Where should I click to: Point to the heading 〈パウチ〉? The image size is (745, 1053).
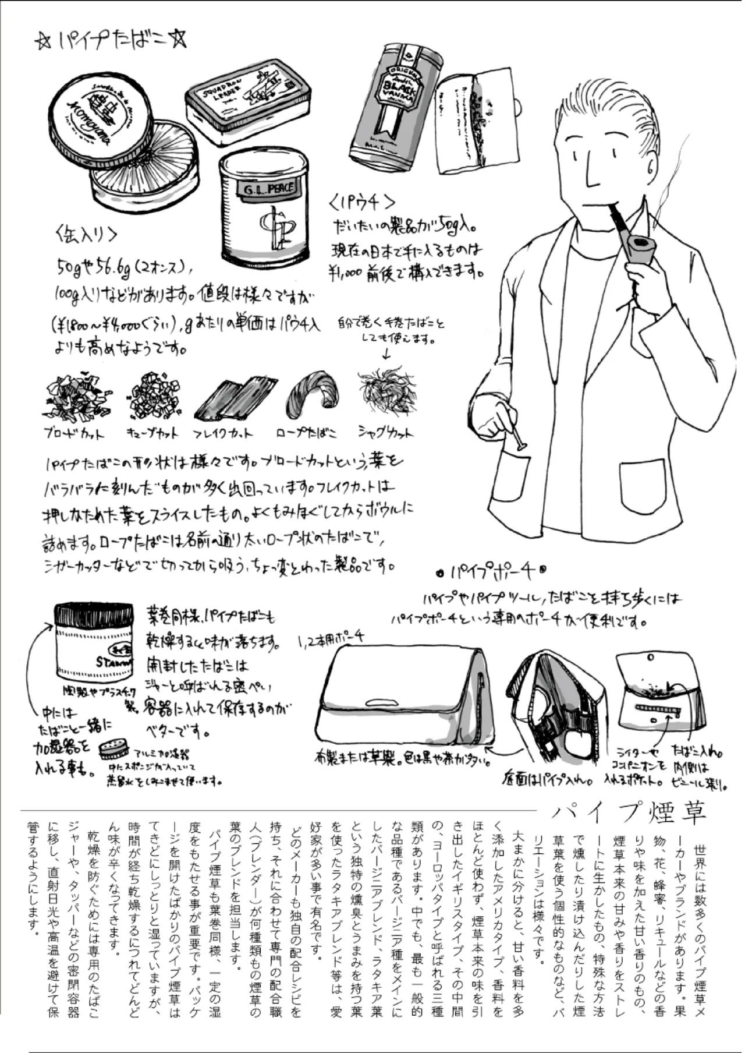point(362,202)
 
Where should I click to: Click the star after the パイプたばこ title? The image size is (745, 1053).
point(178,41)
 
